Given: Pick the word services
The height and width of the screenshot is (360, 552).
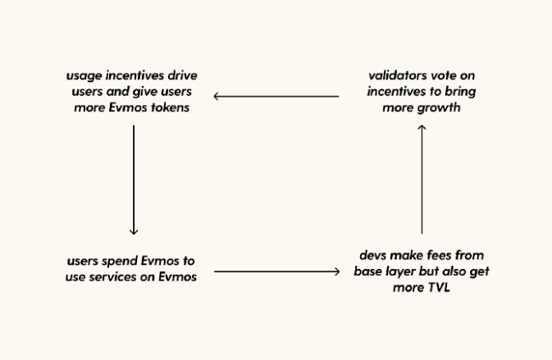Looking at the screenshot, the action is pos(112,277).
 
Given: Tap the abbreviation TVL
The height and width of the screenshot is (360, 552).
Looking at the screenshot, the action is pos(439,288).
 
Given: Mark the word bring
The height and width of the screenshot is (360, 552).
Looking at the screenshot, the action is pos(460,92).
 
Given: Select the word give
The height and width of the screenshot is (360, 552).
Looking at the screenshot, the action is pos(145,92).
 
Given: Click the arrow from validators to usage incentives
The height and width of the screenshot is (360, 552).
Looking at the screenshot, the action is pos(276,96).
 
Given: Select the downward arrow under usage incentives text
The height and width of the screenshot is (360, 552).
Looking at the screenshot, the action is pos(134,180).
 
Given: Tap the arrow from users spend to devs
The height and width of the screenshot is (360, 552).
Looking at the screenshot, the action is pos(277,271).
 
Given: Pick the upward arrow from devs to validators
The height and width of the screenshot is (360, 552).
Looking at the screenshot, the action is pos(422,179).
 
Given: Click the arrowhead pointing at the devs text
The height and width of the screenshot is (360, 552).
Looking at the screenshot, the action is pos(338,271).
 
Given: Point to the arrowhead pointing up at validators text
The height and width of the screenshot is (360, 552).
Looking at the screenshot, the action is pos(422,126).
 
